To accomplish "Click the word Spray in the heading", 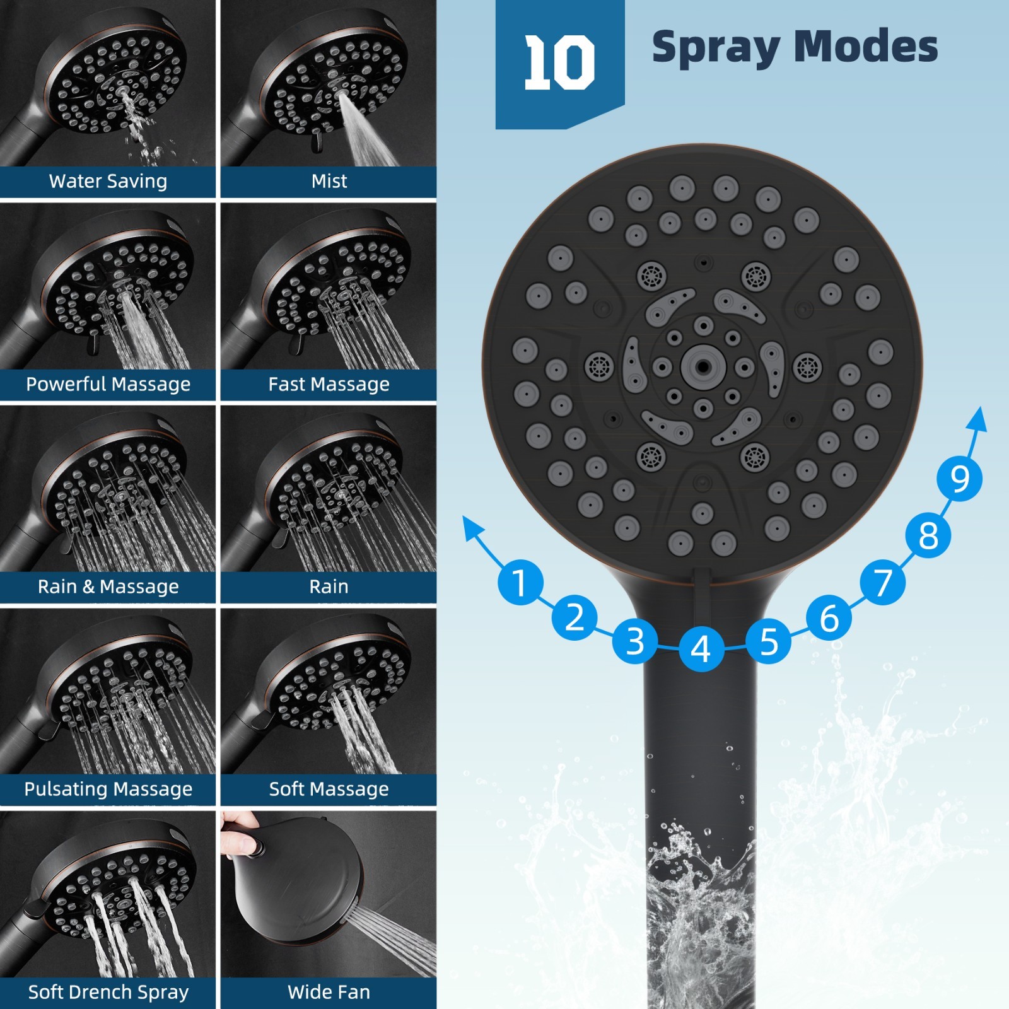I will pyautogui.click(x=715, y=48).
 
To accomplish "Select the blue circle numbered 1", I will pyautogui.click(x=520, y=582).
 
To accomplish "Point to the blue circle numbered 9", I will pyautogui.click(x=959, y=479).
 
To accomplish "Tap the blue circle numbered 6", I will pyautogui.click(x=829, y=617).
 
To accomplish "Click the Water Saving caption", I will pyautogui.click(x=108, y=182).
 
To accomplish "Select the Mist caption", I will pyautogui.click(x=329, y=182).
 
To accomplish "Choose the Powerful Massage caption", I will pyautogui.click(x=108, y=384).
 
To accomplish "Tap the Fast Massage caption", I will pyautogui.click(x=329, y=384).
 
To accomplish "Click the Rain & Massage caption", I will pyautogui.click(x=108, y=586).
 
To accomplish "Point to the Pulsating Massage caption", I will pyautogui.click(x=108, y=789).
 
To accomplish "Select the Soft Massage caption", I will pyautogui.click(x=329, y=789).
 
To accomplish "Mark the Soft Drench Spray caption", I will pyautogui.click(x=108, y=992).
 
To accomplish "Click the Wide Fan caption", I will pyautogui.click(x=329, y=992).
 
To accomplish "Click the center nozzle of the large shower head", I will pyautogui.click(x=703, y=366).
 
